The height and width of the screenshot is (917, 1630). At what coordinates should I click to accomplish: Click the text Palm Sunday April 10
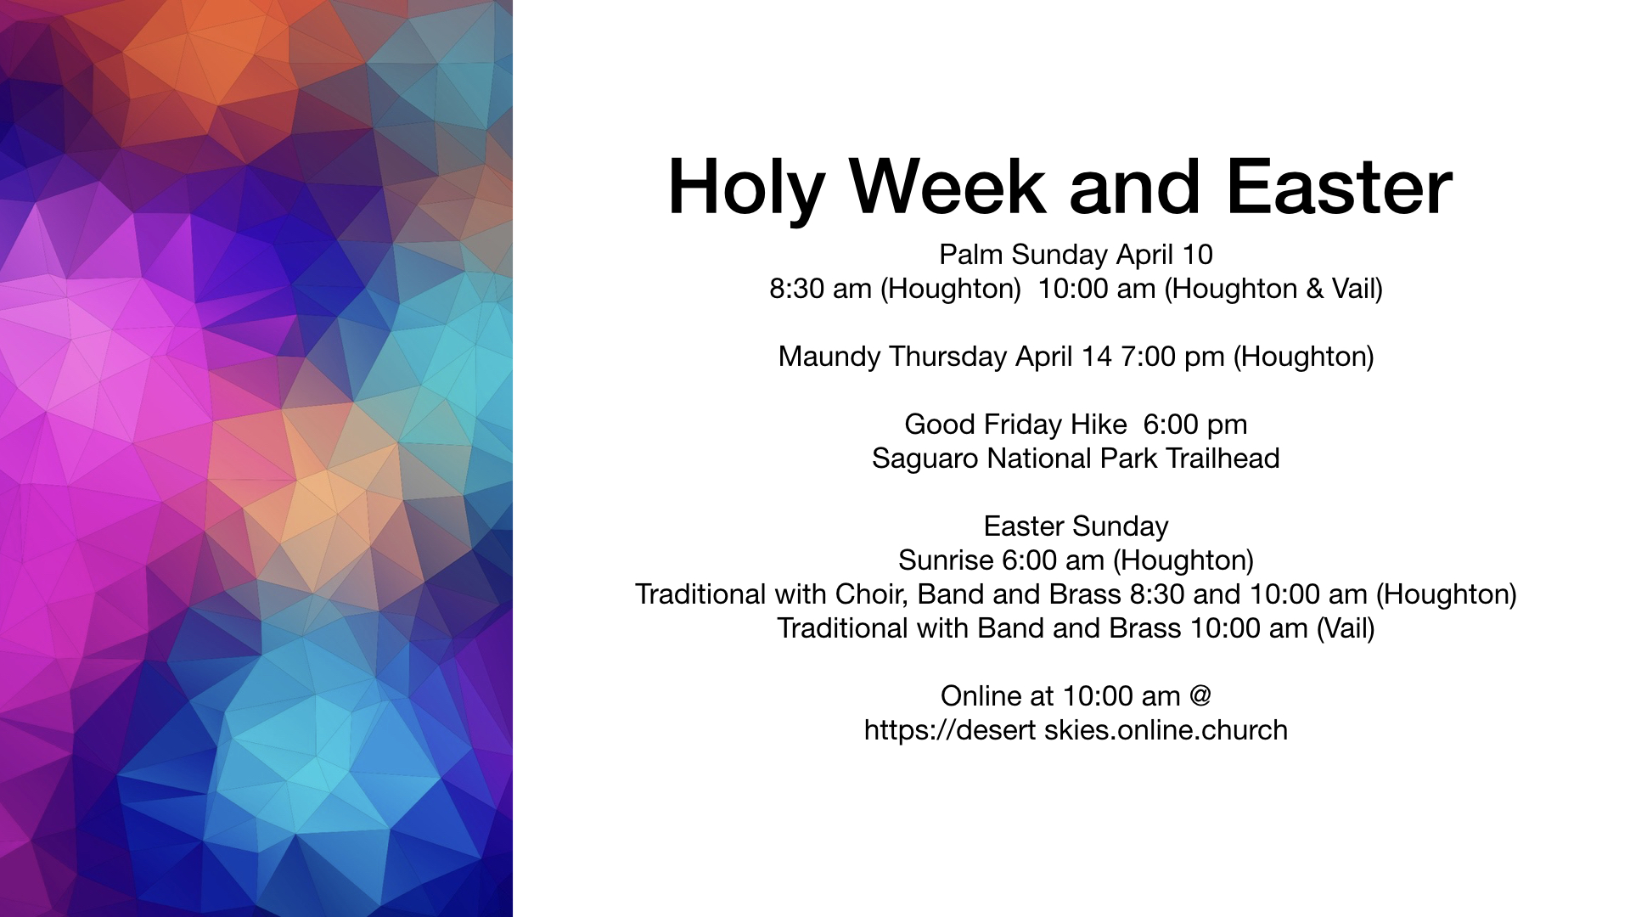point(1076,256)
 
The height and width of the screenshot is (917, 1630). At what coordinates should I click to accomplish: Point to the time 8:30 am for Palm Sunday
point(820,290)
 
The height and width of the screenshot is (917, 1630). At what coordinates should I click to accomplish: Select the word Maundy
point(829,357)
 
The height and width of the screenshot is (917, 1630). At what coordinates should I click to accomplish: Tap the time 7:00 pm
point(1172,357)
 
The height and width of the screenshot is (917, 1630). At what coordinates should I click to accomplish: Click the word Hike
point(1099,425)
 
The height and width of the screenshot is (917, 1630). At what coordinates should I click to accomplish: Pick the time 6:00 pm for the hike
point(1195,425)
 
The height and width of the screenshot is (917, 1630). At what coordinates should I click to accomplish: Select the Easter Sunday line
point(1076,527)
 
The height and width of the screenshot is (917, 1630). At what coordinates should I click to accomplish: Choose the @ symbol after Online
point(1200,696)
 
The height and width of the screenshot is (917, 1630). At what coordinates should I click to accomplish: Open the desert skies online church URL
point(1076,731)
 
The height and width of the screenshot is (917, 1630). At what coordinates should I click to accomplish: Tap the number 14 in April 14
point(1096,357)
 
